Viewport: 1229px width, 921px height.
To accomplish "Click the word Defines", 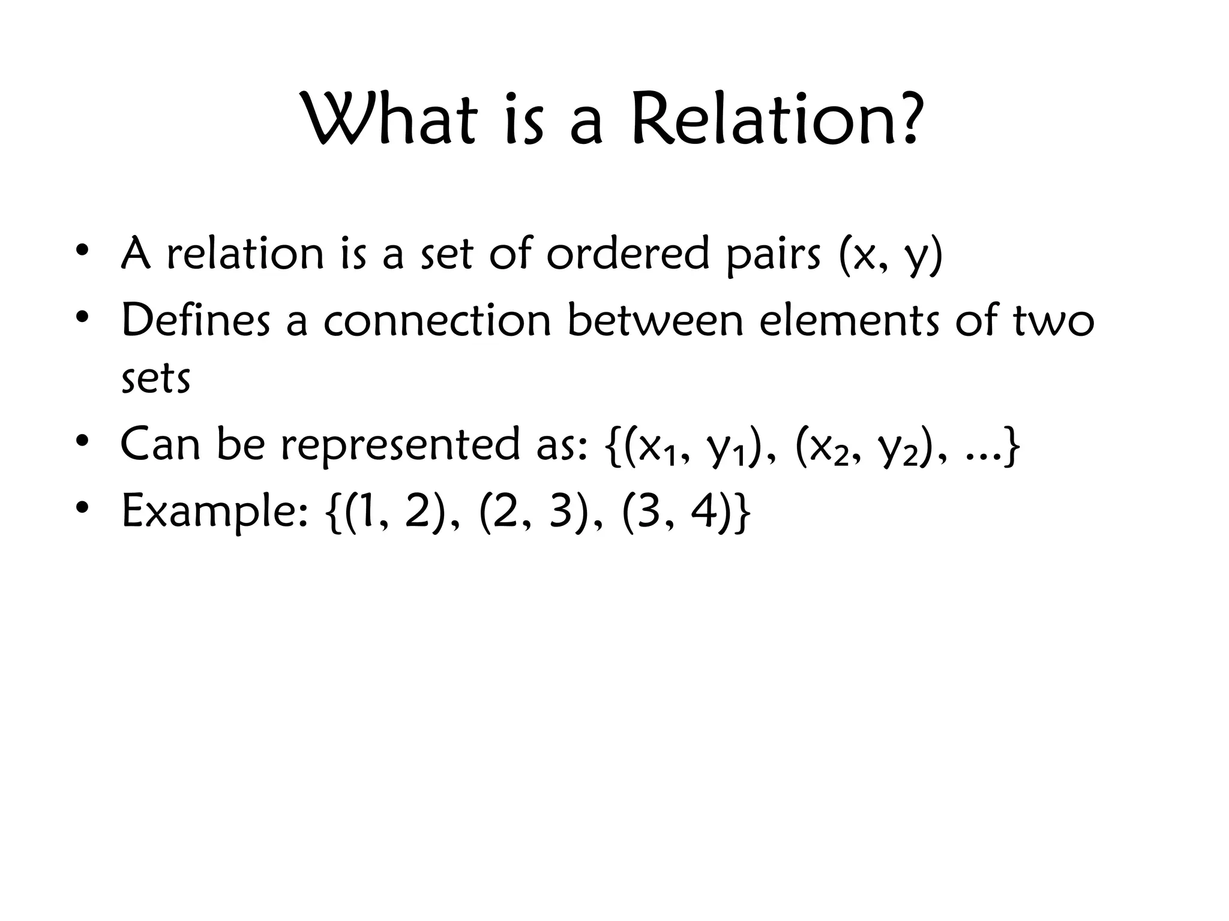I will pos(196,320).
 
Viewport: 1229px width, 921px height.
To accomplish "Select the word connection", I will pos(437,320).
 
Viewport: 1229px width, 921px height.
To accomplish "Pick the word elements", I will pos(849,320).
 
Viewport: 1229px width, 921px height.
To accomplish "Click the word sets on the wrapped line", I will pos(155,379).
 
